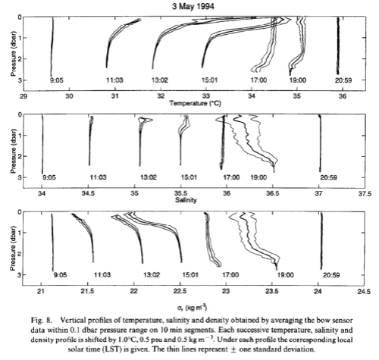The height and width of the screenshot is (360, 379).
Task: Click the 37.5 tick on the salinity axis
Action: pos(363,193)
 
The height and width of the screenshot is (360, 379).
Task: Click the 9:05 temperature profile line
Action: pos(52,45)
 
